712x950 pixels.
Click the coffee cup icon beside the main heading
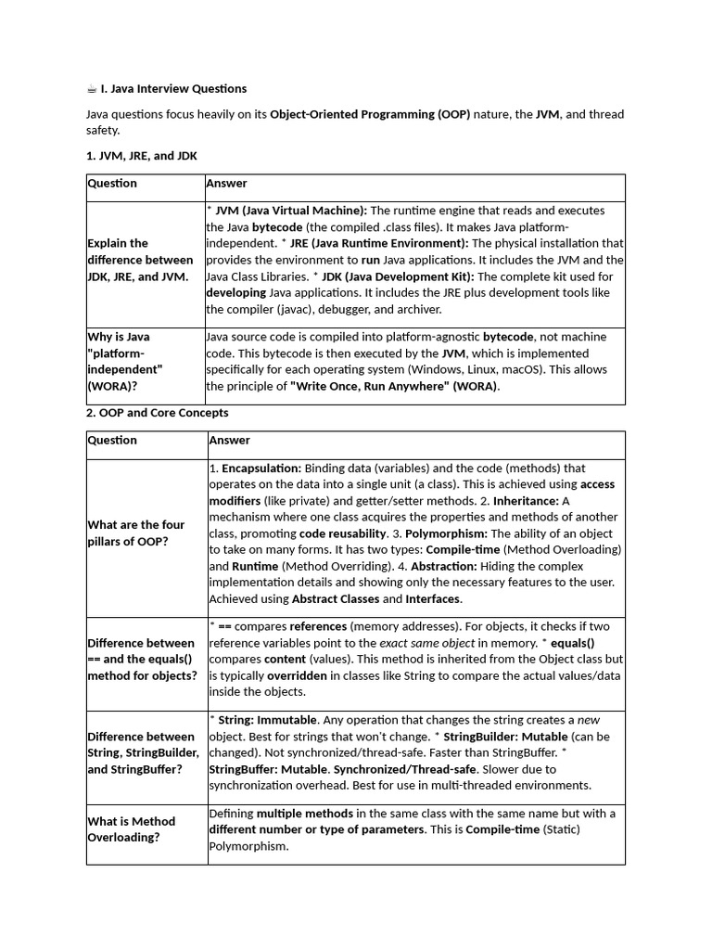pyautogui.click(x=92, y=89)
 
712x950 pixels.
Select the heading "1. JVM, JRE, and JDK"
pyautogui.click(x=141, y=156)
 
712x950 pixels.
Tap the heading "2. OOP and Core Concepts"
pyautogui.click(x=157, y=412)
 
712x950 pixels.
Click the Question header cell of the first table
pyautogui.click(x=112, y=184)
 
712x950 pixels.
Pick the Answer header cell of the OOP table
pyautogui.click(x=229, y=441)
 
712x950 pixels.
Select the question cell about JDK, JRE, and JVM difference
pyautogui.click(x=140, y=260)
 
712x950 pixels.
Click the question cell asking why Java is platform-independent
pyautogui.click(x=126, y=361)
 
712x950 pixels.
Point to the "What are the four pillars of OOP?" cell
pyautogui.click(x=136, y=533)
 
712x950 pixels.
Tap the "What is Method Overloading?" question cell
pyautogui.click(x=131, y=829)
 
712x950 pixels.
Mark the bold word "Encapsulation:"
pyautogui.click(x=261, y=469)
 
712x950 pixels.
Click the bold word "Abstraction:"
pyautogui.click(x=444, y=566)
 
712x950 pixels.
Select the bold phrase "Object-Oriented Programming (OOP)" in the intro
pyautogui.click(x=370, y=115)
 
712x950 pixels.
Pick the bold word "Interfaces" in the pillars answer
pyautogui.click(x=433, y=599)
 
